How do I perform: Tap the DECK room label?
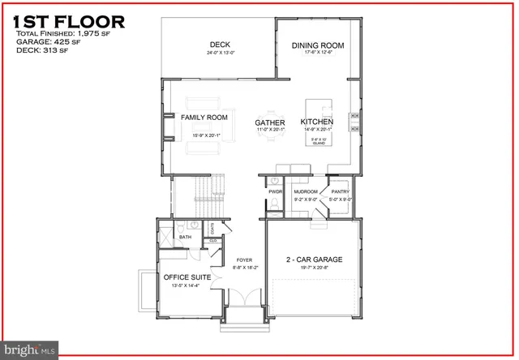(x=221, y=45)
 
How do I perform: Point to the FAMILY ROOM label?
(x=204, y=118)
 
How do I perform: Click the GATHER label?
(x=269, y=122)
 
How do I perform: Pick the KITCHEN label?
(x=318, y=122)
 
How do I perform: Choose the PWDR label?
(x=274, y=191)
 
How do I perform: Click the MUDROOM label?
(x=305, y=191)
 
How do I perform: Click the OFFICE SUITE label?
(x=187, y=277)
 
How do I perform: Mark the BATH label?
(x=186, y=237)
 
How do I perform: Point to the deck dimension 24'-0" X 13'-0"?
(x=221, y=54)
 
